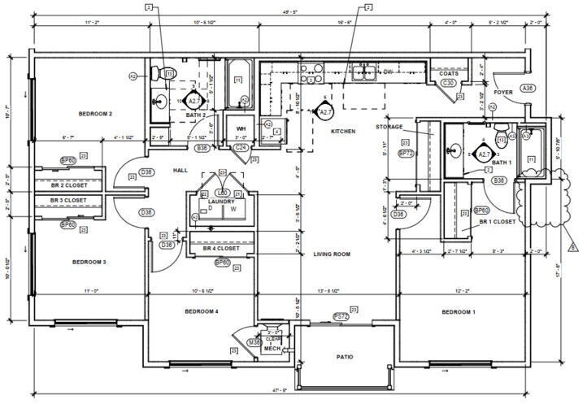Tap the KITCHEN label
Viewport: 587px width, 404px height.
343,131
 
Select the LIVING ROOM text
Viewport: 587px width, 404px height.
332,254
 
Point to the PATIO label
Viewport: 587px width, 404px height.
345,357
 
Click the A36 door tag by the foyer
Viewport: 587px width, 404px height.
528,88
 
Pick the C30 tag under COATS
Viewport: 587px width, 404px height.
447,83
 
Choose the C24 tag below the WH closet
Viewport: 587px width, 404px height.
241,148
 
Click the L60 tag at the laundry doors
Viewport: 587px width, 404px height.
222,193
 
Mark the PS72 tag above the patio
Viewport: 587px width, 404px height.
341,316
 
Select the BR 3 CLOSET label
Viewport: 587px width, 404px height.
68,200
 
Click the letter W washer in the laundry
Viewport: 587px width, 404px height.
233,208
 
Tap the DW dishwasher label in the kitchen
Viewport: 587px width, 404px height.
389,72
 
